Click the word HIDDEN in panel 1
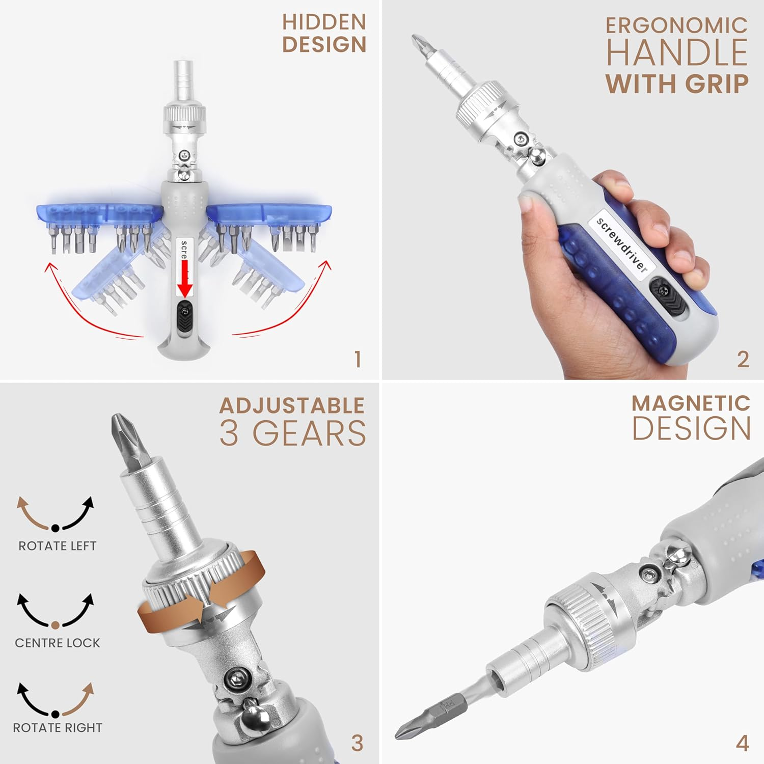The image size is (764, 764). click(324, 22)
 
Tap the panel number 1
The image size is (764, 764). click(358, 360)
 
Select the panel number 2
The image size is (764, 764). click(743, 360)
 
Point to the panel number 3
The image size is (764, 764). click(357, 743)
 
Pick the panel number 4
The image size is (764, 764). click(743, 743)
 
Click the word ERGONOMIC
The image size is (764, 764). click(677, 25)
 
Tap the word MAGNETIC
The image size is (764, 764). click(691, 403)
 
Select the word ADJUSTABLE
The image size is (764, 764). click(292, 406)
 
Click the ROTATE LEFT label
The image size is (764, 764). click(57, 546)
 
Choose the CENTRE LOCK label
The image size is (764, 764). click(58, 643)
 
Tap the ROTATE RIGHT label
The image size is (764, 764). click(58, 728)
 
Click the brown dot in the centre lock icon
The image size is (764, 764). click(56, 625)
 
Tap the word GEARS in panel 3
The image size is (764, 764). click(309, 433)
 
